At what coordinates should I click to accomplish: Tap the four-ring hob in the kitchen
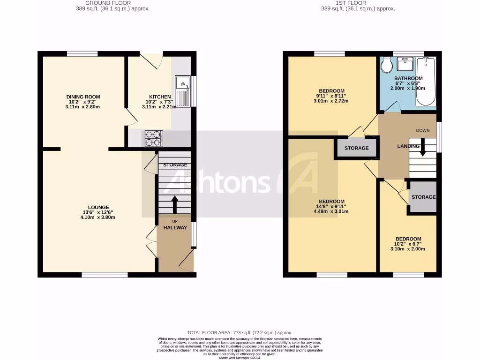click(152, 138)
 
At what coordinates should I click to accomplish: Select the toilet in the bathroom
click(387, 65)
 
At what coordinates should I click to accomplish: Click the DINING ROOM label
click(83, 97)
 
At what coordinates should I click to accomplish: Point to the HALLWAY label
click(175, 228)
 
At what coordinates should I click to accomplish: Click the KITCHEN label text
click(160, 97)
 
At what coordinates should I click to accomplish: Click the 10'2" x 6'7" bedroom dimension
click(408, 244)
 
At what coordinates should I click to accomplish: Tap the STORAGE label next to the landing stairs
click(423, 197)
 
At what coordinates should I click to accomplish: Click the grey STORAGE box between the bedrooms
click(356, 148)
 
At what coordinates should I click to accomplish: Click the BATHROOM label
click(408, 78)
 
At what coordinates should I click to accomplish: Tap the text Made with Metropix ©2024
click(240, 358)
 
